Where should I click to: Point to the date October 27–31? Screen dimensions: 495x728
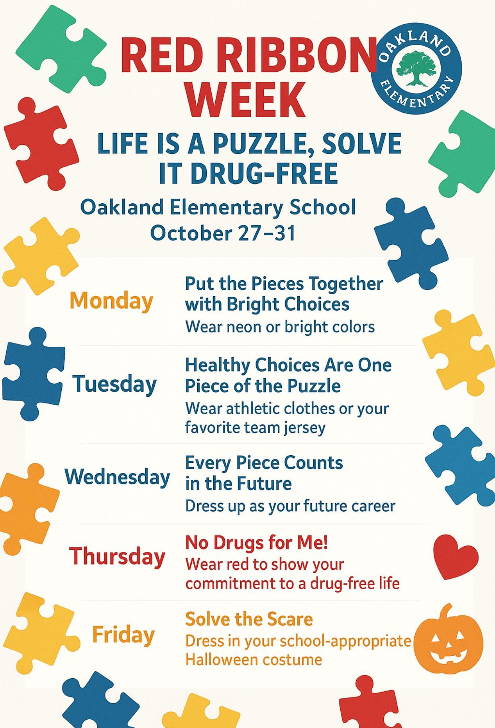point(223,233)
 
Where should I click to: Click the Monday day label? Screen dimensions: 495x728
point(111,301)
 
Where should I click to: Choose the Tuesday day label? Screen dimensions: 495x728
point(114,384)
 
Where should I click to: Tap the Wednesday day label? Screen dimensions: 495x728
point(117,476)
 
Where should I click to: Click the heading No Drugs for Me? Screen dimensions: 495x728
point(257,543)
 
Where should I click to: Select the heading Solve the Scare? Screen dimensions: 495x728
point(249,619)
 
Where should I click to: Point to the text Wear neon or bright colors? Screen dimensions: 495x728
point(280,327)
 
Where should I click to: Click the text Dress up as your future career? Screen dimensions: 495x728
point(290,506)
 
